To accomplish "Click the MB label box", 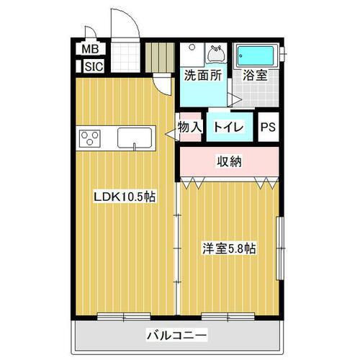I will pyautogui.click(x=90, y=49).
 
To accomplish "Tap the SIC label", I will pyautogui.click(x=93, y=67).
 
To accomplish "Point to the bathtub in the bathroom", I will pyautogui.click(x=258, y=55).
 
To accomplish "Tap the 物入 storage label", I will pyautogui.click(x=190, y=127).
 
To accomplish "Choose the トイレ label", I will pyautogui.click(x=230, y=127).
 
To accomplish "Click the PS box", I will pyautogui.click(x=268, y=127).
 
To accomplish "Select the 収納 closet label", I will pyautogui.click(x=230, y=162).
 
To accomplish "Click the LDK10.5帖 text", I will pyautogui.click(x=126, y=196).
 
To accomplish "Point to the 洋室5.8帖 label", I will pyautogui.click(x=229, y=249).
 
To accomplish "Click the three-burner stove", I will pyautogui.click(x=92, y=137).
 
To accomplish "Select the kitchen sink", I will pyautogui.click(x=135, y=137).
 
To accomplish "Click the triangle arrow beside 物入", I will pyautogui.click(x=173, y=132).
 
